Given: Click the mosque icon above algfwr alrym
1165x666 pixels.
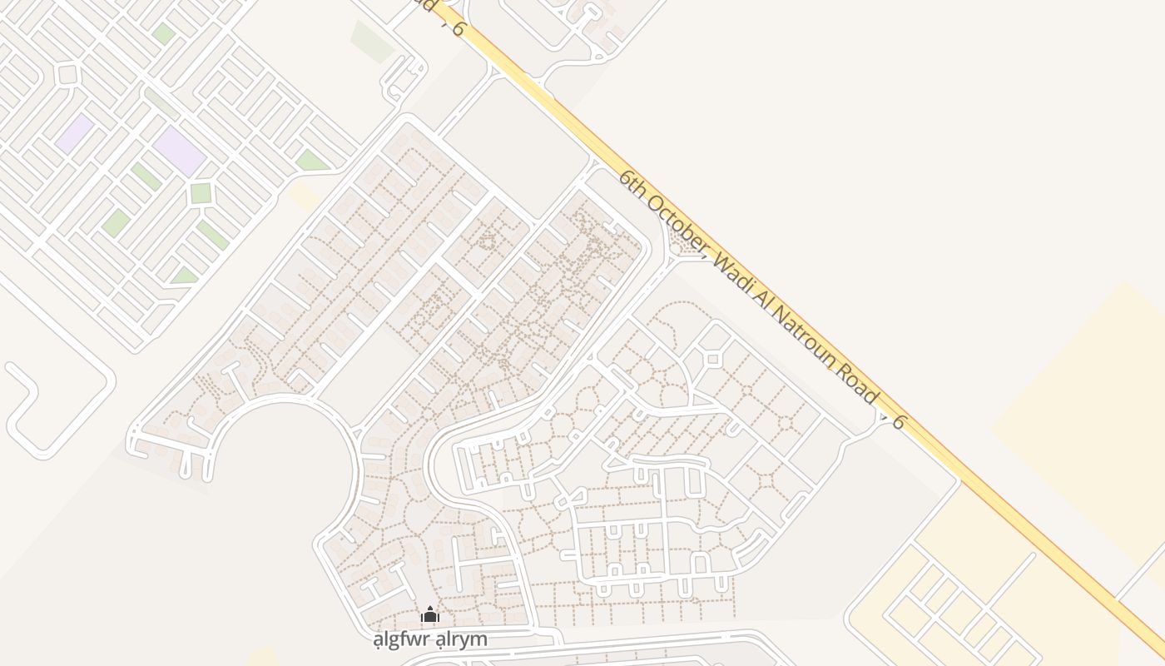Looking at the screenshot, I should pyautogui.click(x=429, y=615).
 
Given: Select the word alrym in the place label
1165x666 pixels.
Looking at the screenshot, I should pyautogui.click(x=460, y=640).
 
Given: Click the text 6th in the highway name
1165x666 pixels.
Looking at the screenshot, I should pyautogui.click(x=633, y=185).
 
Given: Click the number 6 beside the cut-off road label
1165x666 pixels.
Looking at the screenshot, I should pyautogui.click(x=458, y=30).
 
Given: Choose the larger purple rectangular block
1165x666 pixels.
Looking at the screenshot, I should pyautogui.click(x=179, y=150).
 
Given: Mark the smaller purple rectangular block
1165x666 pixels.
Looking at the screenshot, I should pyautogui.click(x=75, y=133).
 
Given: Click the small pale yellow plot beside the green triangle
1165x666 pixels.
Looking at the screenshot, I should pyautogui.click(x=305, y=196).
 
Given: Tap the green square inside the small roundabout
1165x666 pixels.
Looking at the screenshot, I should pyautogui.click(x=201, y=193).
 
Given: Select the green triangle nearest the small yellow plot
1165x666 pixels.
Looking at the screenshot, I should pyautogui.click(x=310, y=161).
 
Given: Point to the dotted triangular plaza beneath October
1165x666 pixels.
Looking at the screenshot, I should pyautogui.click(x=684, y=243).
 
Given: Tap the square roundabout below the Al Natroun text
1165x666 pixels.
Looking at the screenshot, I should pyautogui.click(x=712, y=360).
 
